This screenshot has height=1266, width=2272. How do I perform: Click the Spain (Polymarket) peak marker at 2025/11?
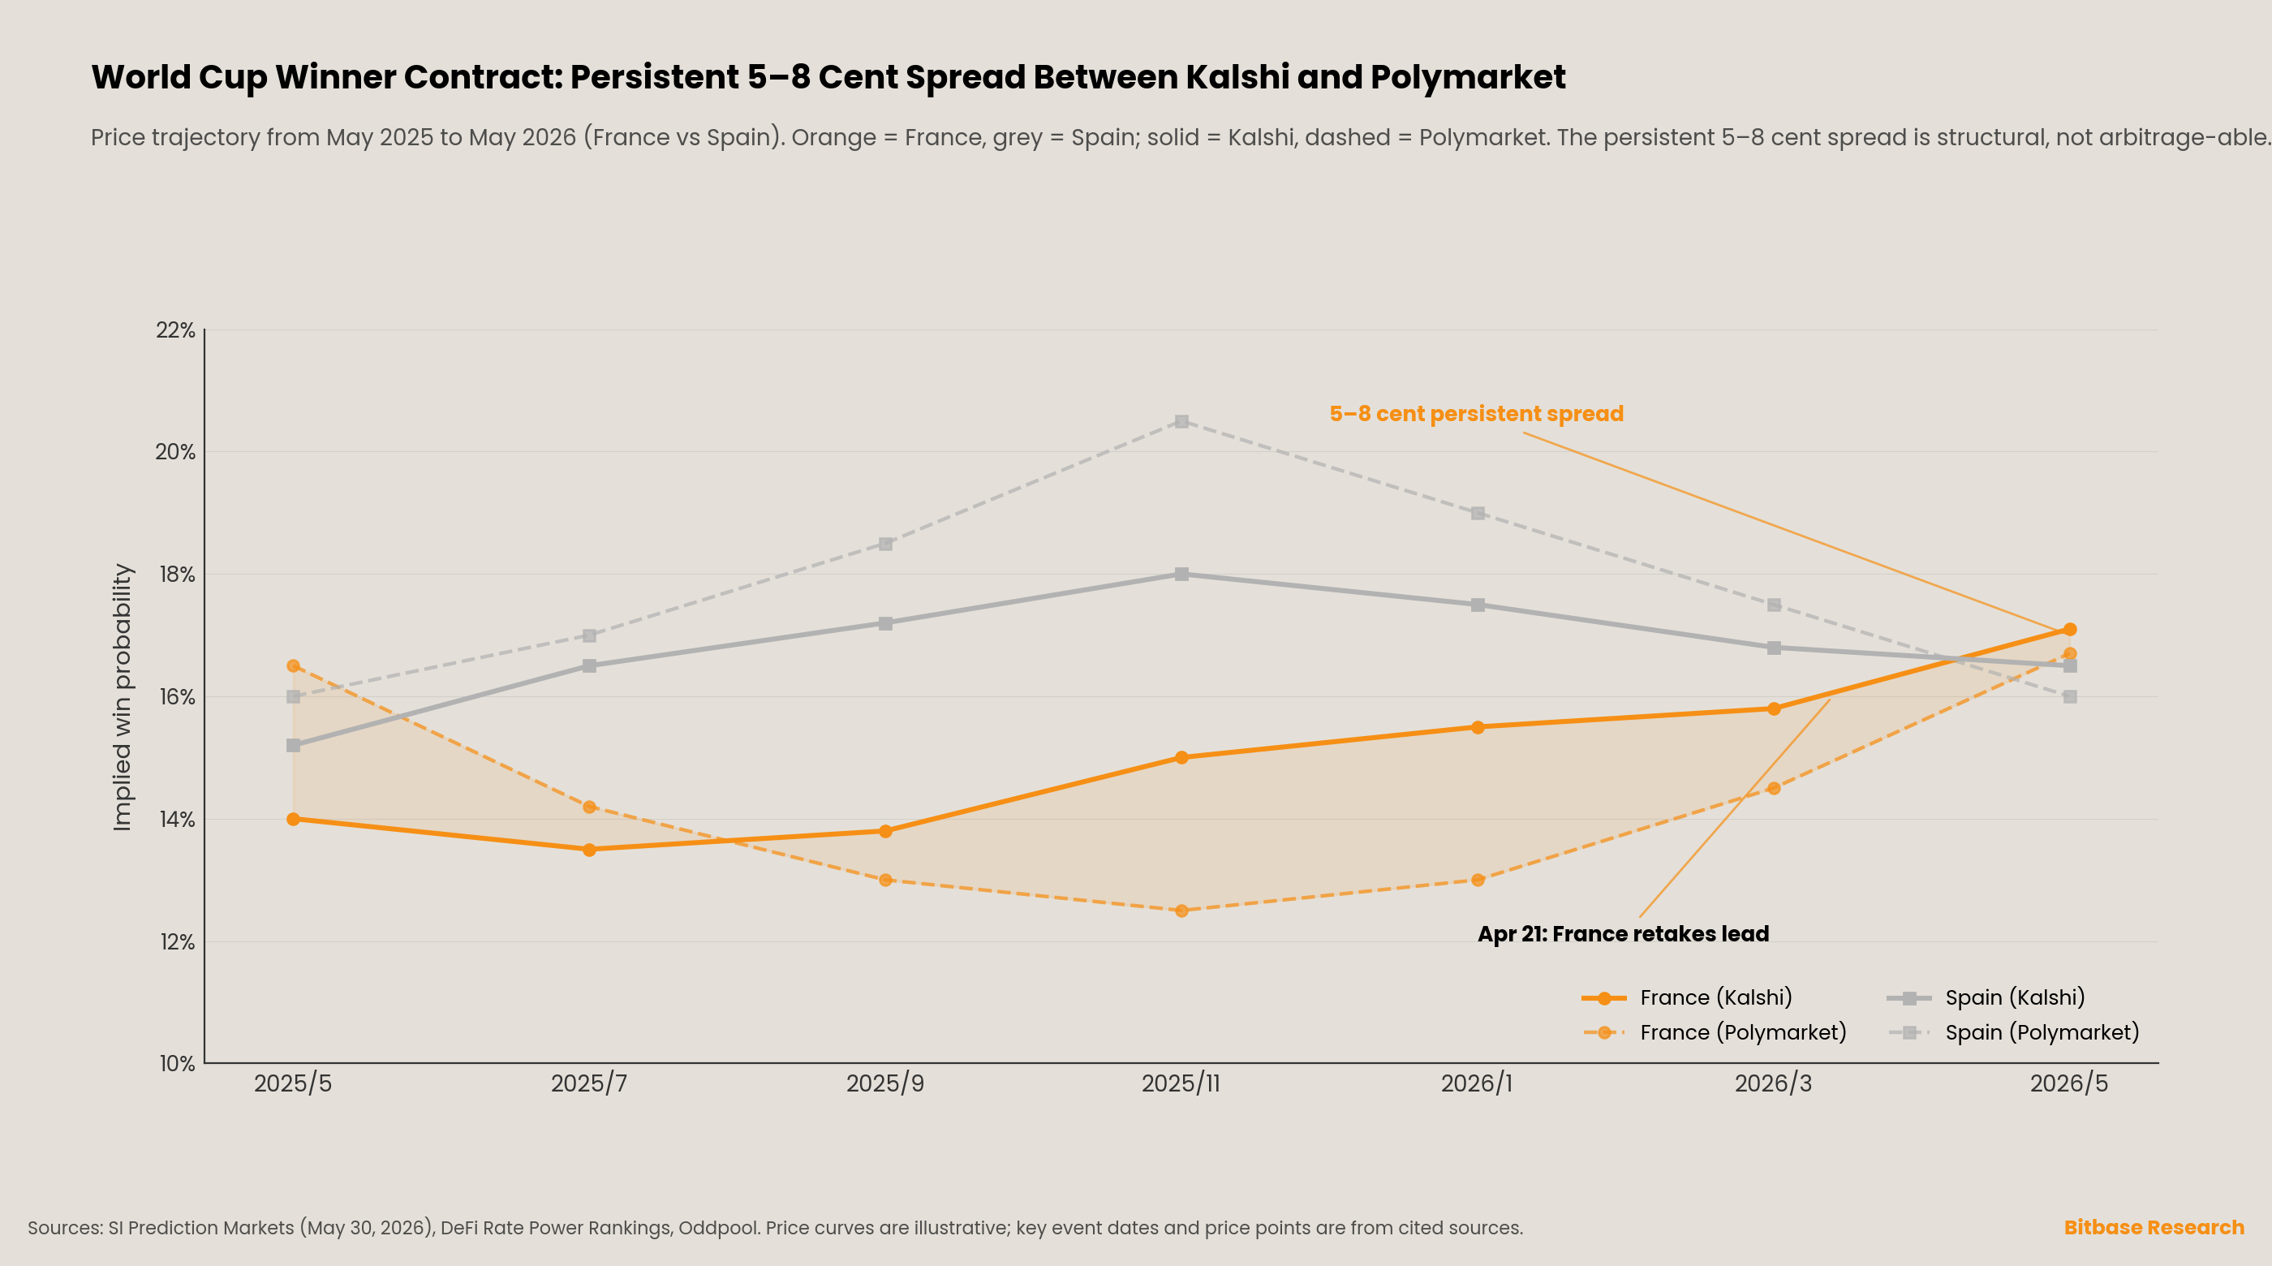[1182, 422]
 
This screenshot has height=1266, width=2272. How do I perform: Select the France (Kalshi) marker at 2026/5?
[2070, 629]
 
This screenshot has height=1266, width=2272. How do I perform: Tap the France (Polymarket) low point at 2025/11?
[1182, 911]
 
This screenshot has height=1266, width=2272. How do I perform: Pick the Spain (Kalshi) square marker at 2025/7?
[589, 666]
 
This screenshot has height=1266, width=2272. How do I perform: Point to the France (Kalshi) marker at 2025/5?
[293, 819]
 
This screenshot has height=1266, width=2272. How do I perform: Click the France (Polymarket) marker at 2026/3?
[1774, 788]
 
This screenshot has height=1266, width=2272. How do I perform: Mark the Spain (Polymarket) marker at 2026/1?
[1478, 514]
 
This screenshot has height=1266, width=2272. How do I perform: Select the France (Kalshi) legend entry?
[1686, 998]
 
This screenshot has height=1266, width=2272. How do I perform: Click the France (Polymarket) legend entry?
[1714, 1032]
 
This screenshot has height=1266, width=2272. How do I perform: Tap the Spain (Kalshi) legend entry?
[1986, 998]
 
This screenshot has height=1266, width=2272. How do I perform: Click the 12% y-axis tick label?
[176, 942]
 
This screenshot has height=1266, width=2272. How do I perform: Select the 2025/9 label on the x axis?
[885, 1083]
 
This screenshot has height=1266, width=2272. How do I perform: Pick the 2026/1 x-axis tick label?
[1478, 1083]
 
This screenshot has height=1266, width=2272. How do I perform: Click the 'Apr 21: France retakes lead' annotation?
[1624, 934]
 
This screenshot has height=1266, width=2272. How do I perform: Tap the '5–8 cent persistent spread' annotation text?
[1477, 414]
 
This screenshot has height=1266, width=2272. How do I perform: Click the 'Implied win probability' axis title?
[123, 697]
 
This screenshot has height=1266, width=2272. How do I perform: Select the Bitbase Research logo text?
[2154, 1227]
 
